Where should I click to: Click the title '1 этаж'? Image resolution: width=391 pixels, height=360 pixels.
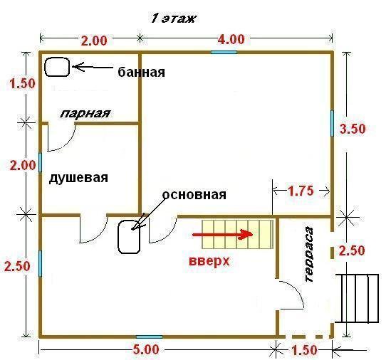click(x=173, y=18)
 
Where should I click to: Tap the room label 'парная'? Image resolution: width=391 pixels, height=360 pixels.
click(x=85, y=113)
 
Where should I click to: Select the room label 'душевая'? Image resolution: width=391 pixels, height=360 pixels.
click(x=78, y=178)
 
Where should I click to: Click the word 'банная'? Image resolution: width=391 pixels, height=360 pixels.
click(x=141, y=73)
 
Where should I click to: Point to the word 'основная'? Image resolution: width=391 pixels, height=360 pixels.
click(x=194, y=194)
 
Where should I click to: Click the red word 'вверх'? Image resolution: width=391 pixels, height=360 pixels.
click(x=209, y=261)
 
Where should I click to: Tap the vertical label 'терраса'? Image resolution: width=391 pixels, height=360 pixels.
click(x=309, y=254)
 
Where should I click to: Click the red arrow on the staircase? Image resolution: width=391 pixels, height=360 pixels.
click(x=223, y=235)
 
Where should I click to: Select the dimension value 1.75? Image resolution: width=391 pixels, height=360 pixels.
click(x=301, y=191)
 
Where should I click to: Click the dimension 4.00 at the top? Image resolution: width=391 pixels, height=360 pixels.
click(x=231, y=39)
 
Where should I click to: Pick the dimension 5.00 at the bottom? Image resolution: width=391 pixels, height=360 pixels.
click(x=145, y=349)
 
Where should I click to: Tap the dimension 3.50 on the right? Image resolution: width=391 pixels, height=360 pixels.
click(x=353, y=129)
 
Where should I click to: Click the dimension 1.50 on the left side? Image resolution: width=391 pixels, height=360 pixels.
click(x=23, y=83)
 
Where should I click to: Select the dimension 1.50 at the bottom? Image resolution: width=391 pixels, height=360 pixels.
click(x=304, y=350)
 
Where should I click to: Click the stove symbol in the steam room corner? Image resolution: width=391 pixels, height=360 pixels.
click(x=57, y=67)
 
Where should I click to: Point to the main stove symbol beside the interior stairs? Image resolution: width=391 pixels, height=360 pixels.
click(x=129, y=237)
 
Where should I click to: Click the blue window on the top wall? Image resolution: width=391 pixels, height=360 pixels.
click(x=224, y=53)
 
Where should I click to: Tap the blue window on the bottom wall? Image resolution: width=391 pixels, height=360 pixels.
click(x=149, y=337)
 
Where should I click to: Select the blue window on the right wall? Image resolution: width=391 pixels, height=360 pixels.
click(x=332, y=123)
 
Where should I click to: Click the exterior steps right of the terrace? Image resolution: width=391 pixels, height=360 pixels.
click(x=357, y=298)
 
